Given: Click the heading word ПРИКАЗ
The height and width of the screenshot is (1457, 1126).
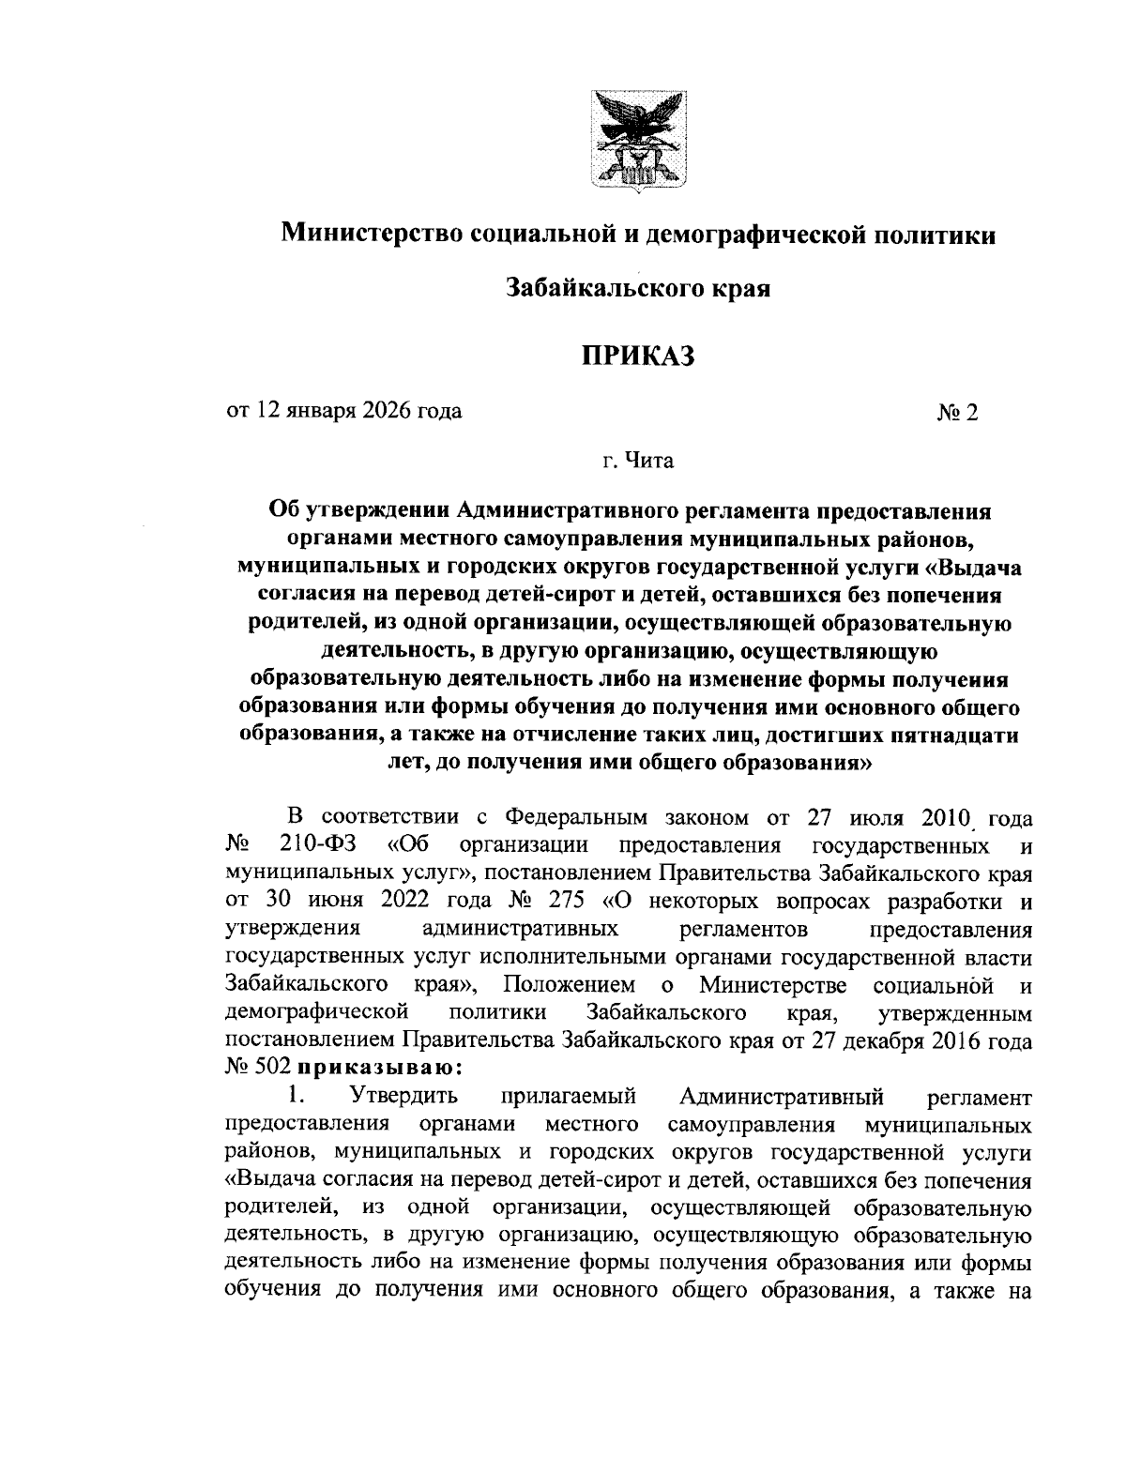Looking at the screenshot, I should click(x=639, y=356).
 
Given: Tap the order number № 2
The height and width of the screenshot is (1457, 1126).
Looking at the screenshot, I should click(x=957, y=413).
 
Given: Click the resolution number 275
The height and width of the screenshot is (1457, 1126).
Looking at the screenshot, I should click(x=564, y=903).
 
